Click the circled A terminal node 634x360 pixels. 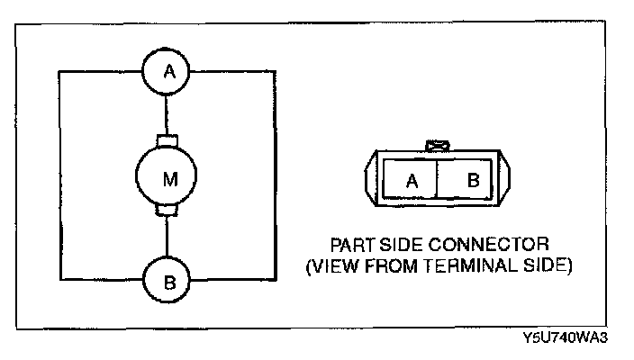(x=168, y=72)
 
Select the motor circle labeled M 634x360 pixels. (x=168, y=177)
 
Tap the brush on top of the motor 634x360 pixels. (x=168, y=139)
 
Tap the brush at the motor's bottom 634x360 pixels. (x=168, y=212)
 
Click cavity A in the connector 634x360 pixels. (x=412, y=179)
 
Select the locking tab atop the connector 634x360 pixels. (x=438, y=143)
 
